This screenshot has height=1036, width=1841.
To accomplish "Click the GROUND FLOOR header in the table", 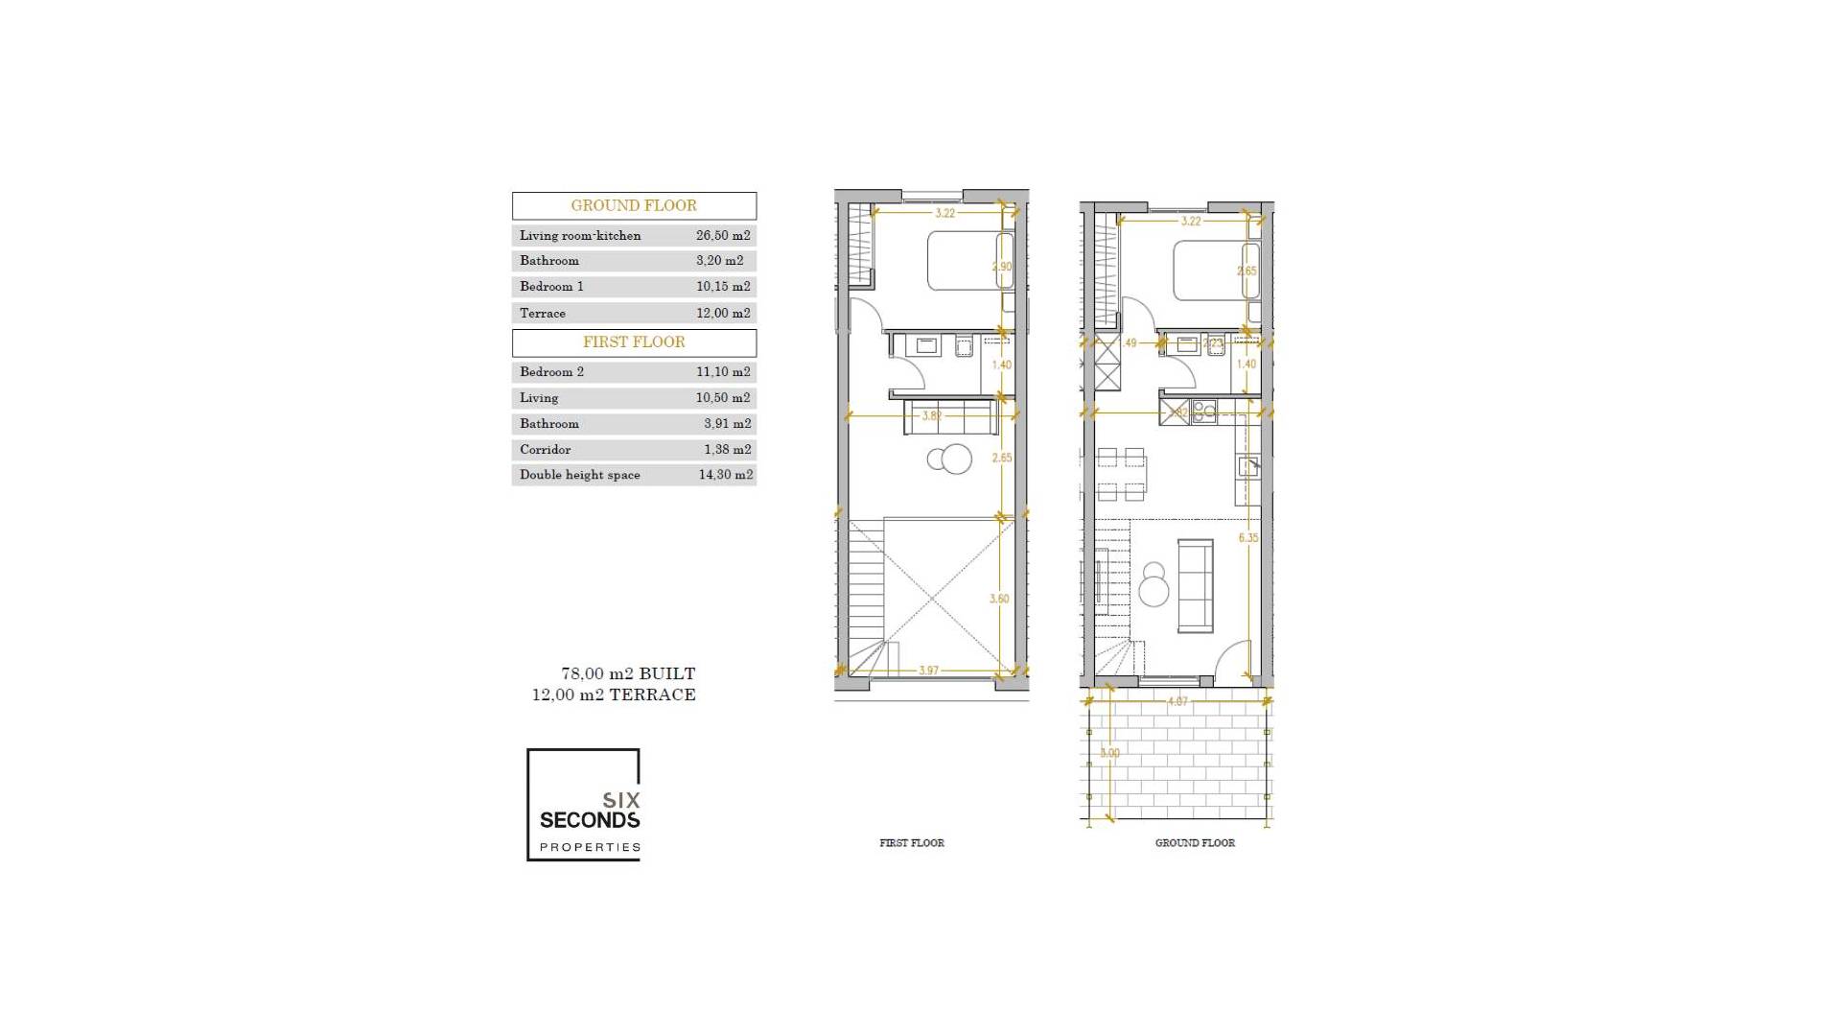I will [634, 205].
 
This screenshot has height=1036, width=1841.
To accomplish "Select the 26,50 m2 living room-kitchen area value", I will [723, 235].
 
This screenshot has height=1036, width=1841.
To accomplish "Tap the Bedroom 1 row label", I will [551, 286].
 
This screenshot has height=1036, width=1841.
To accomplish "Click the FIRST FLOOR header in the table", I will [634, 341].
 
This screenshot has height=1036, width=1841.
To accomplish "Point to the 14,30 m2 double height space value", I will [725, 474].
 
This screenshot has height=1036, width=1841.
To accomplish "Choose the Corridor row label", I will [545, 449].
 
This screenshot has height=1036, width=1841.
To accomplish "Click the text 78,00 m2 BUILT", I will [628, 673].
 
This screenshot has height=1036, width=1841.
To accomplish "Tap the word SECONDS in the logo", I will [589, 820].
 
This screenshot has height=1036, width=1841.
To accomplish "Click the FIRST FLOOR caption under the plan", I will [911, 842].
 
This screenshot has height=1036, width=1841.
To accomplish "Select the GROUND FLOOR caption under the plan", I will [1195, 842].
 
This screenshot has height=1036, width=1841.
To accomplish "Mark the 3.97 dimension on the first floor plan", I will [928, 671].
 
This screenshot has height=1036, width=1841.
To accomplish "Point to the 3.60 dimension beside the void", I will [999, 599].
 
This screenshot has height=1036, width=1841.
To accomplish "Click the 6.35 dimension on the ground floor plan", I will [1247, 538].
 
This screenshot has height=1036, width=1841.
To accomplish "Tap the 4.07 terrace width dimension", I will [1177, 701].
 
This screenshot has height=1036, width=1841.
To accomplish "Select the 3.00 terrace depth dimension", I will [1109, 753].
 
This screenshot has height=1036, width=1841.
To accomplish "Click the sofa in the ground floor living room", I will [1195, 585].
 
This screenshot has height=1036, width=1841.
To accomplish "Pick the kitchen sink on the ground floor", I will [1248, 467].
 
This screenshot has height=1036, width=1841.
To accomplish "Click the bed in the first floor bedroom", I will [964, 260].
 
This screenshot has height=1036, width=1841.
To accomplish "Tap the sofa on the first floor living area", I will [949, 417].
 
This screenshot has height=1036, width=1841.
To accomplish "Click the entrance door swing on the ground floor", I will [1234, 660].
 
